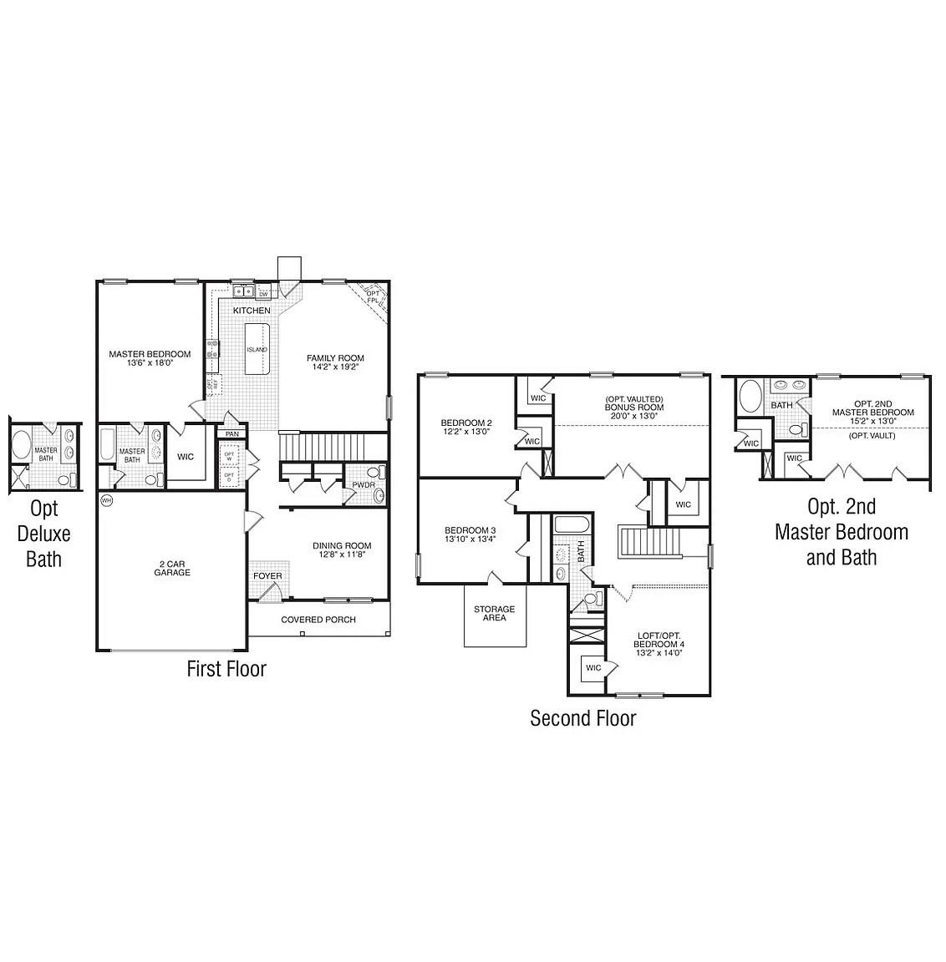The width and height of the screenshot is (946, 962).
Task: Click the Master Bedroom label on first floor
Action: tap(150, 354)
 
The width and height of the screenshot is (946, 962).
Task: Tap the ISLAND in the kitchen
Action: tap(257, 349)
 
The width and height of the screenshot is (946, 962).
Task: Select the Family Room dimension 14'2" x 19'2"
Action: tap(334, 367)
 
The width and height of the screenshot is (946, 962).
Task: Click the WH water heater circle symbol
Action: tap(106, 500)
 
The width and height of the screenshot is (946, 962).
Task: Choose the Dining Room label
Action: tap(342, 546)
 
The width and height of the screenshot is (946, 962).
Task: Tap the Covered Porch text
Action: tap(318, 620)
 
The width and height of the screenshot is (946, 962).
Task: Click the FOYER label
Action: tap(267, 576)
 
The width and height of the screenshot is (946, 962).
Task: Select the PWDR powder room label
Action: tap(363, 485)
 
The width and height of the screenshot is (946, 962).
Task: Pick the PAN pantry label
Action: tap(231, 434)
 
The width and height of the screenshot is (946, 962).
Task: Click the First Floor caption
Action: tap(226, 669)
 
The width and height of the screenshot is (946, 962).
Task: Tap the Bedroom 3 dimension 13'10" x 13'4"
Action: tap(470, 539)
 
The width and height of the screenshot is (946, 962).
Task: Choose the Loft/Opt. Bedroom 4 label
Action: tap(659, 644)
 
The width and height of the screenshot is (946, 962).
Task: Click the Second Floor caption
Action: tap(582, 718)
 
